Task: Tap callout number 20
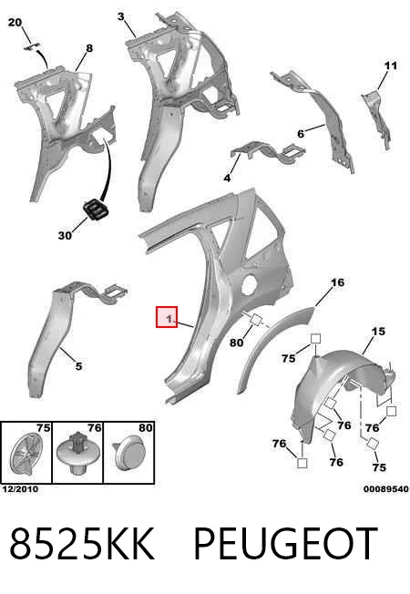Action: (15, 23)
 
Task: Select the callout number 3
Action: (121, 16)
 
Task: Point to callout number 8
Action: (89, 48)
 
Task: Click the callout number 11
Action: (391, 66)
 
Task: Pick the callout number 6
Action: (301, 134)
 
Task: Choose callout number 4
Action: (227, 178)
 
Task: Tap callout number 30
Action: (65, 235)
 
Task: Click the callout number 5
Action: (78, 366)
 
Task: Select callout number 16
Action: (337, 282)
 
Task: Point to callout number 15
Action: (378, 331)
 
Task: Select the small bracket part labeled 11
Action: (377, 118)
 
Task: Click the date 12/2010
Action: (20, 489)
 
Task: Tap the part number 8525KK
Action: (82, 543)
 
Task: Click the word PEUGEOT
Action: (286, 543)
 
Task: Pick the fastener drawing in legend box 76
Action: (78, 454)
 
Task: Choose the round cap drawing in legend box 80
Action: (128, 453)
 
